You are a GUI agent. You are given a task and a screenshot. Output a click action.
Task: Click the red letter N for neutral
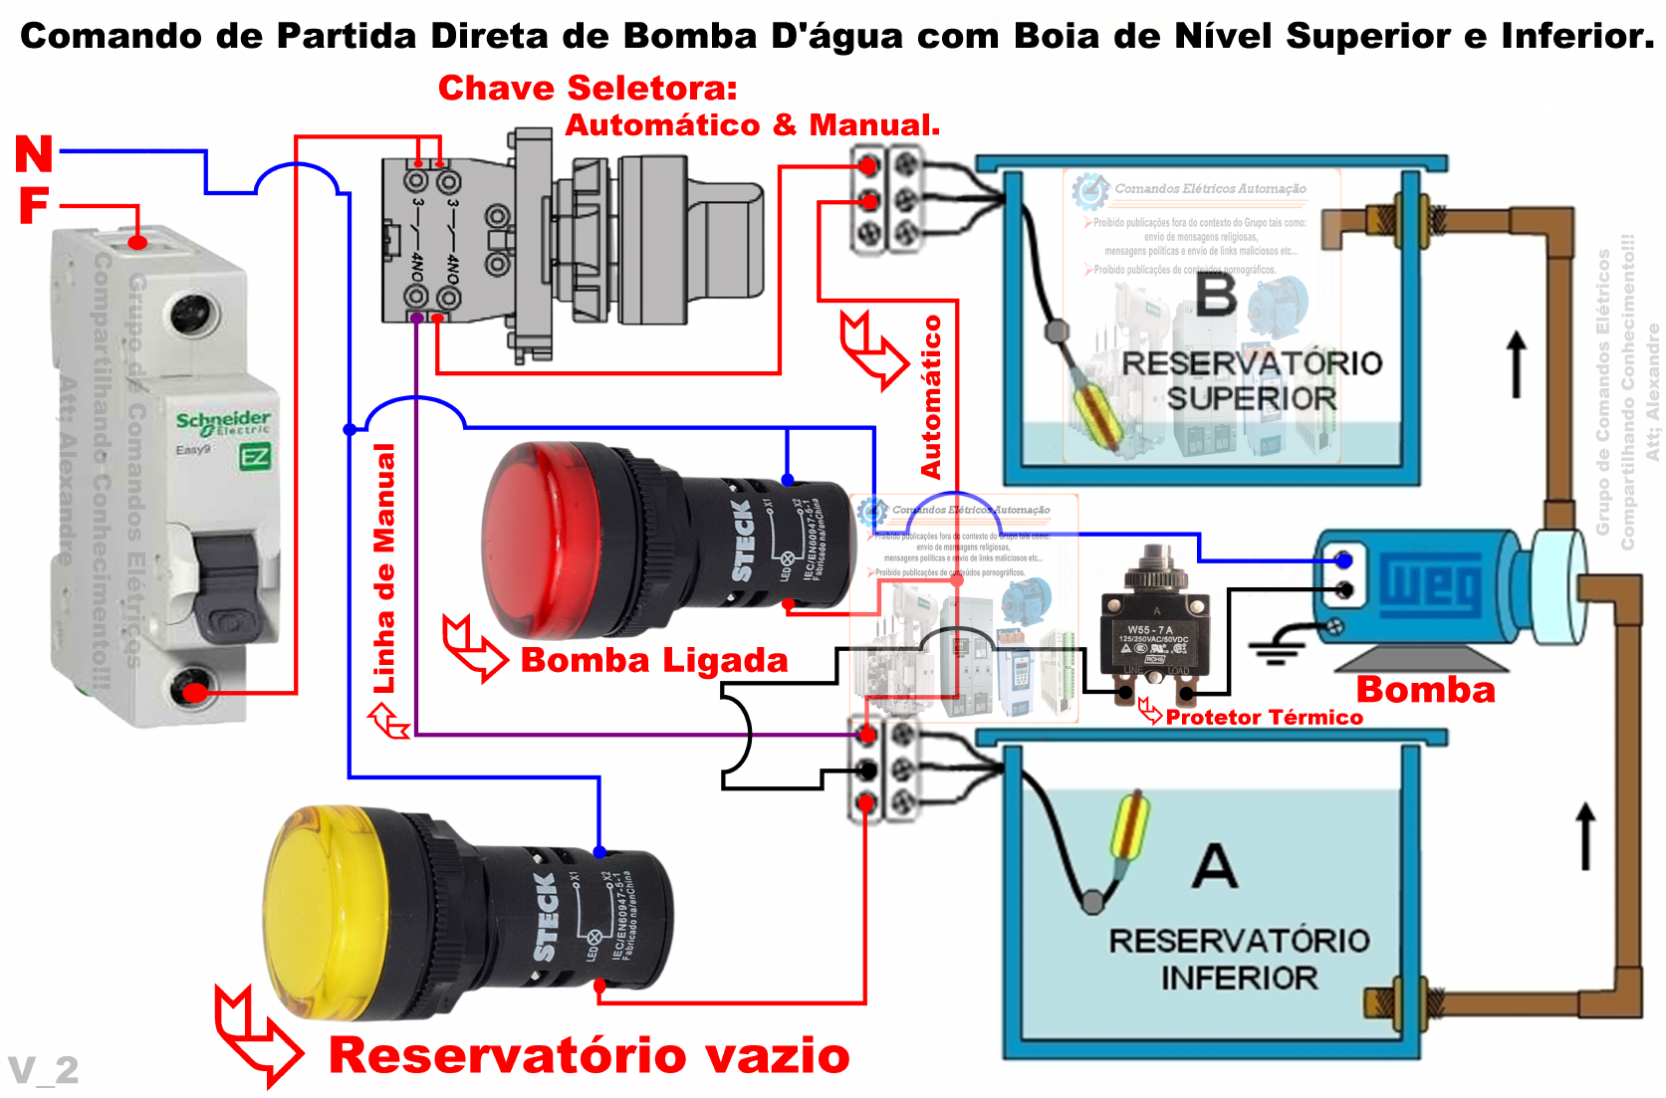(34, 154)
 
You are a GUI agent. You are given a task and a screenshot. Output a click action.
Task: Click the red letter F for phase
(34, 206)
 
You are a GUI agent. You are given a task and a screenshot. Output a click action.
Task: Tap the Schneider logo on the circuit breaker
(223, 421)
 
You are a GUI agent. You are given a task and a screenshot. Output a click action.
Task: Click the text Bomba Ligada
(654, 660)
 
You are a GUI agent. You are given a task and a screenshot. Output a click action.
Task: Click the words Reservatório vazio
(589, 1055)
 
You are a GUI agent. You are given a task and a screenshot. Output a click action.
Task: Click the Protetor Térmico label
(1264, 717)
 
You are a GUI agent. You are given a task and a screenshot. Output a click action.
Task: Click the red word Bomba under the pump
(1425, 690)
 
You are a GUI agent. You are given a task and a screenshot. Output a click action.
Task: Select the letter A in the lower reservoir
(1215, 866)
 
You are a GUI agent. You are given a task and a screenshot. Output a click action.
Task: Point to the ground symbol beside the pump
(1277, 648)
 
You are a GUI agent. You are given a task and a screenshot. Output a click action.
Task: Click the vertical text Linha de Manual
(384, 568)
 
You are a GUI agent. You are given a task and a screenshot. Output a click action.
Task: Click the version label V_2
(44, 1070)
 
